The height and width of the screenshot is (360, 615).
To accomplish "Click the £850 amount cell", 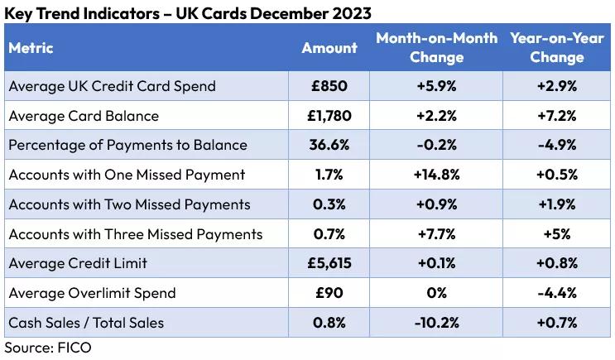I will pyautogui.click(x=329, y=85).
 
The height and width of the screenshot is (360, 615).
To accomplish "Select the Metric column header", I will pyautogui.click(x=31, y=47).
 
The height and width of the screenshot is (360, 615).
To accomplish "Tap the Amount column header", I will pyautogui.click(x=329, y=47).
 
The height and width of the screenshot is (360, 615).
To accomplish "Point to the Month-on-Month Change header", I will pyautogui.click(x=436, y=47).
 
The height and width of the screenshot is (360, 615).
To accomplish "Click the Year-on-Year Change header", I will pyautogui.click(x=557, y=47).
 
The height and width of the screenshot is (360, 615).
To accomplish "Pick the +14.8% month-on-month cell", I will pyautogui.click(x=436, y=175).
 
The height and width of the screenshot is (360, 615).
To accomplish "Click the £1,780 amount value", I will pyautogui.click(x=329, y=115).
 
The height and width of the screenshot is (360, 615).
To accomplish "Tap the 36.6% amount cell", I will pyautogui.click(x=329, y=145).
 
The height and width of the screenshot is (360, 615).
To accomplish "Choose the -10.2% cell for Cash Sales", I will pyautogui.click(x=436, y=323).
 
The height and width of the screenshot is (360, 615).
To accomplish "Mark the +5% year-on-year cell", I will pyautogui.click(x=557, y=234).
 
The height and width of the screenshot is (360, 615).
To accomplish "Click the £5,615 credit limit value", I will pyautogui.click(x=329, y=263).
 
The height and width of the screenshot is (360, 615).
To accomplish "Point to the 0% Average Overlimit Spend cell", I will pyautogui.click(x=436, y=293).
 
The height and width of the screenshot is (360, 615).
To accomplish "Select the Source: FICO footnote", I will pyautogui.click(x=47, y=348).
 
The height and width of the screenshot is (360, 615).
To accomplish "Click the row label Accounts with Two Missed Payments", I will pyautogui.click(x=129, y=204).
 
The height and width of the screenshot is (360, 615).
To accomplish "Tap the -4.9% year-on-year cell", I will pyautogui.click(x=557, y=145).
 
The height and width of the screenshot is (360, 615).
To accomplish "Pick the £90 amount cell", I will pyautogui.click(x=329, y=293).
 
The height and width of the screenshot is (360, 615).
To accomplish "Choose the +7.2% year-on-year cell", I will pyautogui.click(x=557, y=115).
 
